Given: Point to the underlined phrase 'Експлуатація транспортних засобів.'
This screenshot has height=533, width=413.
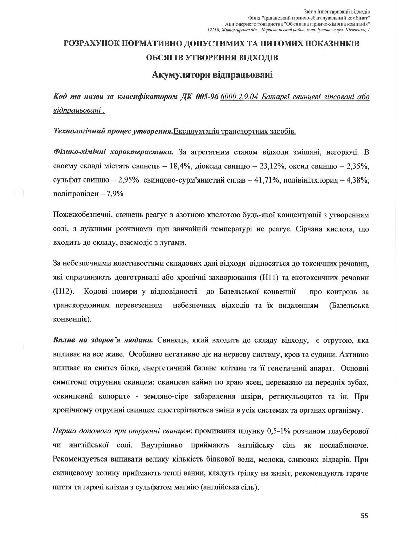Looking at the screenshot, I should (235, 131).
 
